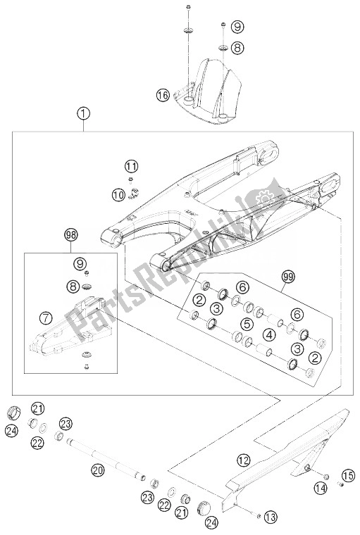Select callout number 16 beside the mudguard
[x=163, y=94]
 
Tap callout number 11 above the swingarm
[x=131, y=167]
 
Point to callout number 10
[x=118, y=193]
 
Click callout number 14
[x=321, y=488]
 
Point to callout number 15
[x=348, y=473]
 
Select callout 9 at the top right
[x=237, y=27]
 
